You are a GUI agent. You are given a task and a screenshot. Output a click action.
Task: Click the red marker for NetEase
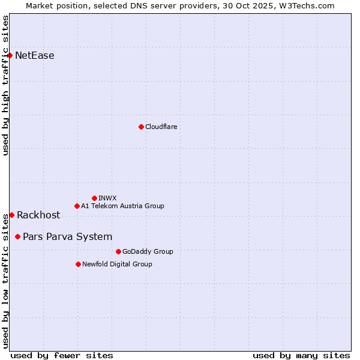[10, 55]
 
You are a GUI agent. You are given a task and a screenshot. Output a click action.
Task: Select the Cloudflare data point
[141, 127]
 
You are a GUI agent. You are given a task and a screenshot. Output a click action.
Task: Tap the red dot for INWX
[94, 198]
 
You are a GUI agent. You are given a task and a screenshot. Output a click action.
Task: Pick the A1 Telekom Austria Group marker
[77, 206]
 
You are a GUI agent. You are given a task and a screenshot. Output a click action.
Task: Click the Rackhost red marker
[11, 215]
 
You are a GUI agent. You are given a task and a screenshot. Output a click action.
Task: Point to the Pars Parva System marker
[17, 236]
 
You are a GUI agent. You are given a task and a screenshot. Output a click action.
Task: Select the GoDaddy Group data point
[118, 251]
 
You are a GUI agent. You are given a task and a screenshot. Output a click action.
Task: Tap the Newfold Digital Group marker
[78, 264]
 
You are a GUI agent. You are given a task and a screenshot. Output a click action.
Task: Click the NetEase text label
[34, 56]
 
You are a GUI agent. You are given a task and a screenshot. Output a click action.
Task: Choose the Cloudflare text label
[161, 127]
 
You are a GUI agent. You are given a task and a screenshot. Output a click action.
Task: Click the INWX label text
[107, 198]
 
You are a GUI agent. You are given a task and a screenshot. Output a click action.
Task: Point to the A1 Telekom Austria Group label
[122, 206]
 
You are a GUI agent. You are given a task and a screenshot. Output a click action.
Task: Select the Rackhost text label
[38, 215]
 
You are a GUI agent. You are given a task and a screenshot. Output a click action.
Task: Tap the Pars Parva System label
[67, 237]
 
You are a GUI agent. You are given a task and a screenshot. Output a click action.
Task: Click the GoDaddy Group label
[147, 251]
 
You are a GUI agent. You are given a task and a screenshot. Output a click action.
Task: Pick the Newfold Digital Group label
[117, 264]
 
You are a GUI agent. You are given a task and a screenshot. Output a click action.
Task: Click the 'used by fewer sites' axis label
[62, 355]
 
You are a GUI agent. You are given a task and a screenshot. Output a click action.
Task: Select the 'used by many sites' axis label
[301, 355]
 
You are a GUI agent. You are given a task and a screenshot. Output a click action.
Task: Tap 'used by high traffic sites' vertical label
[6, 85]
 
